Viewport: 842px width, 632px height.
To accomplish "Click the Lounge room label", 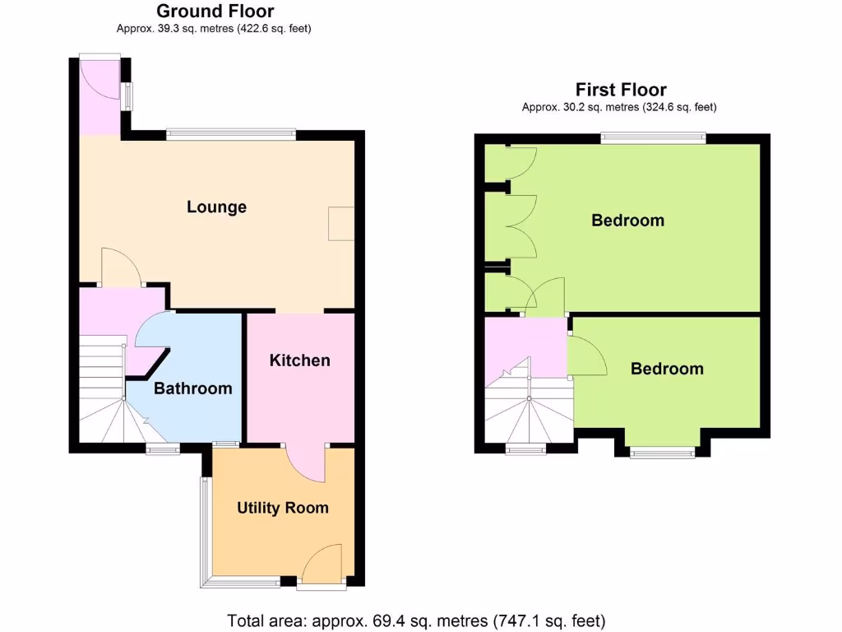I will (x=216, y=207).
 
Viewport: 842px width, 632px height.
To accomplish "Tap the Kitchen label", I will (x=300, y=360).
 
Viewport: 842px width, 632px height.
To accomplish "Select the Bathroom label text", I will (x=193, y=388).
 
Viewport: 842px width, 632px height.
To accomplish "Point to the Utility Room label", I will (x=283, y=508).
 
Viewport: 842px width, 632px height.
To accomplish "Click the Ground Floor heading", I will (x=215, y=12).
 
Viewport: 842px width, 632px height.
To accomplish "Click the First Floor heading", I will (x=621, y=90).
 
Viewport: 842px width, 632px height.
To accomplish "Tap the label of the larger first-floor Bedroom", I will (x=627, y=221).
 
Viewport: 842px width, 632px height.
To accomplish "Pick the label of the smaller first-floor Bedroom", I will (x=667, y=369).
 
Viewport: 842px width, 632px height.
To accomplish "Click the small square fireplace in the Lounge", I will (x=341, y=223).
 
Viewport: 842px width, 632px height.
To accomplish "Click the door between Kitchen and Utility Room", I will (x=308, y=464).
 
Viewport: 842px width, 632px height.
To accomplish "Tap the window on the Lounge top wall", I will (x=230, y=132).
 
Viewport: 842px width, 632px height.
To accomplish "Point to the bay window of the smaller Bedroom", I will (x=662, y=451).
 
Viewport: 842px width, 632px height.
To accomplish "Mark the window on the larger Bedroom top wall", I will (x=653, y=137).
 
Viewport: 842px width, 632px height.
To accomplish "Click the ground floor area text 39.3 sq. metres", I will (x=214, y=29).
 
